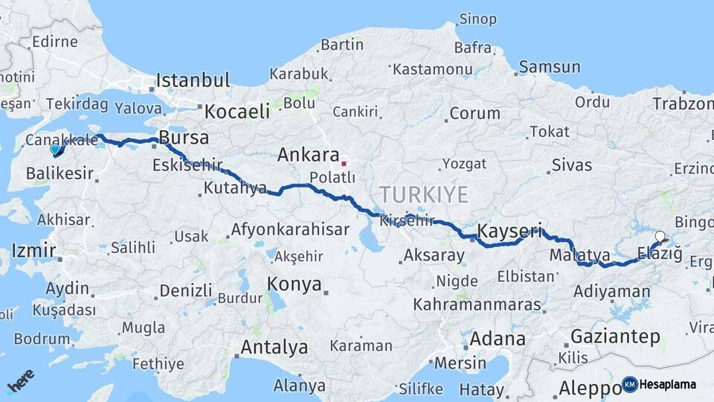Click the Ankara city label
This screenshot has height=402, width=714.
[x=308, y=155]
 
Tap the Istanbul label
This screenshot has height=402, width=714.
[x=192, y=80]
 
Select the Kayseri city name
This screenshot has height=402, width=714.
[x=510, y=230]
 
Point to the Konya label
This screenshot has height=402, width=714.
[x=294, y=284]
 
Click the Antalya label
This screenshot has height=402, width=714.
[x=274, y=347]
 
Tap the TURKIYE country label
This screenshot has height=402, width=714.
[x=424, y=195]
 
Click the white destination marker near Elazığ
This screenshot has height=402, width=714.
[x=660, y=237]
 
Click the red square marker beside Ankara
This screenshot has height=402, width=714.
[x=344, y=163]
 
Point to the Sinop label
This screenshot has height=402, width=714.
[x=477, y=19]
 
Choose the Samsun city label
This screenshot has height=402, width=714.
[x=549, y=67]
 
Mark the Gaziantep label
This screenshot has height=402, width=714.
[x=615, y=336]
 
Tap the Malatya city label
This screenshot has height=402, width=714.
[x=580, y=255]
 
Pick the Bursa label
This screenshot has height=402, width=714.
[x=184, y=138]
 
